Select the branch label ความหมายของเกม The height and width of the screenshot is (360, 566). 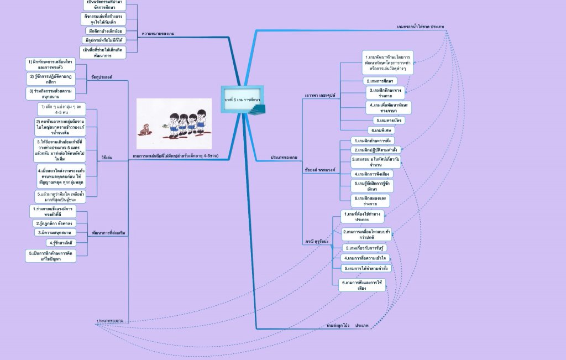point(158,34)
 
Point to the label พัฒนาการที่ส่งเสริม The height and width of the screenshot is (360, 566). point(108,233)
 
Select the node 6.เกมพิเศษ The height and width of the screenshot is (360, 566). point(382,130)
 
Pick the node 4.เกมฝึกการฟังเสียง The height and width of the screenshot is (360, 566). point(374,174)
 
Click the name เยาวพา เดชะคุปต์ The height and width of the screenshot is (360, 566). point(321,95)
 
